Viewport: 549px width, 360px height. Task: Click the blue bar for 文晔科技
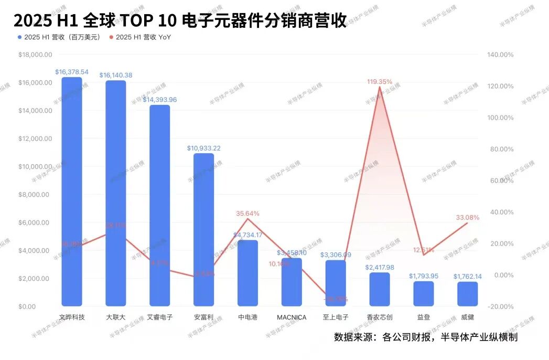[72, 192]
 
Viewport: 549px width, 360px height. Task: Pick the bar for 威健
[467, 294]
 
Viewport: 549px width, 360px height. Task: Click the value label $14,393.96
[160, 100]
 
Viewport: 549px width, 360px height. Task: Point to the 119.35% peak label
[380, 82]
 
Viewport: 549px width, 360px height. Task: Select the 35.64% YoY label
[247, 214]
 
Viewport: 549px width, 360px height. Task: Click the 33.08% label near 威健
[467, 217]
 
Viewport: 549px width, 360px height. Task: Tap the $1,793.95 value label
[423, 276]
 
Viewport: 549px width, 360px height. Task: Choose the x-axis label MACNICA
[292, 317]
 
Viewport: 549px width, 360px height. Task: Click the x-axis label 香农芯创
[379, 317]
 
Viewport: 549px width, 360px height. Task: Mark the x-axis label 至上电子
[336, 317]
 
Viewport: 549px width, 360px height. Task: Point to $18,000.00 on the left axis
[35, 55]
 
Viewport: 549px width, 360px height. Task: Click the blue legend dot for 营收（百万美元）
[20, 37]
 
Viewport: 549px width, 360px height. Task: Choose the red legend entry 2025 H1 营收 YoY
[139, 37]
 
